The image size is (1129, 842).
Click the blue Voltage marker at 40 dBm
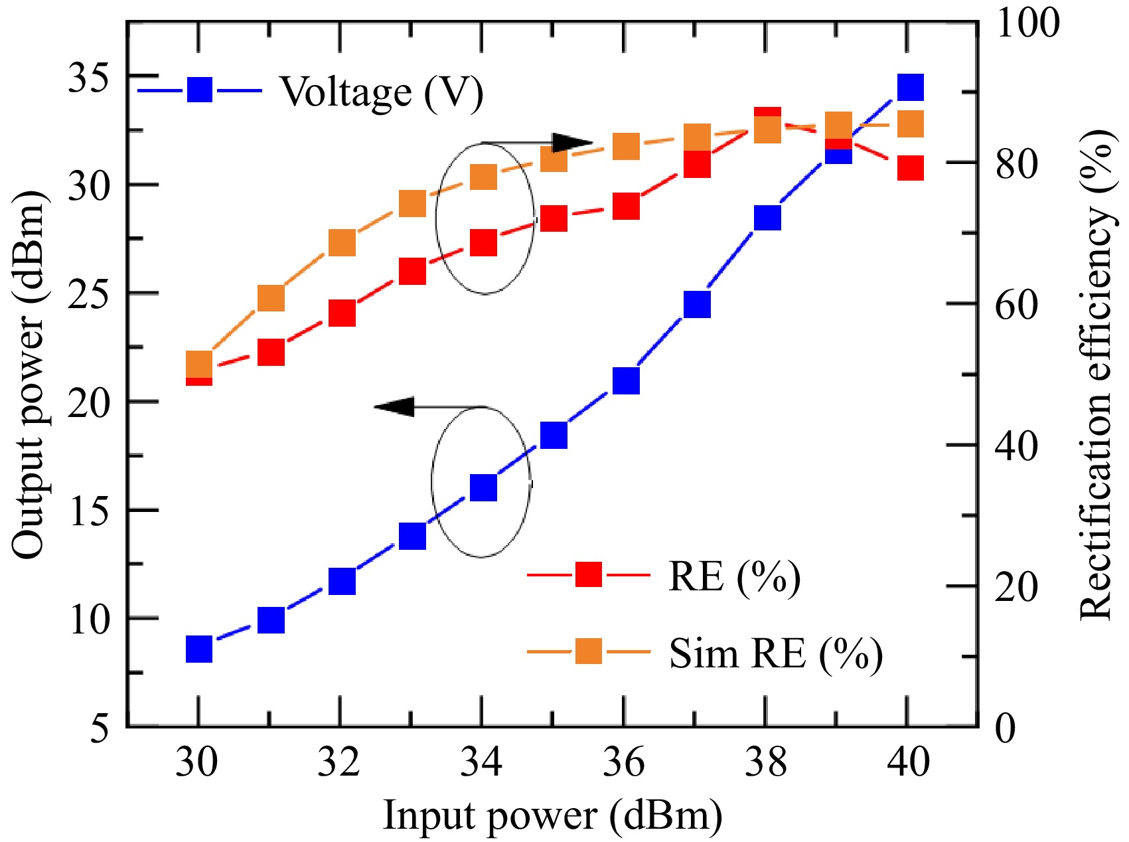[x=909, y=88]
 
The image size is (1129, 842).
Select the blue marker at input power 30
[x=198, y=649]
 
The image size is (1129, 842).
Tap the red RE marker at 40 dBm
[x=910, y=168]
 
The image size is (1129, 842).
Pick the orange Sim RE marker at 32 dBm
[x=342, y=243]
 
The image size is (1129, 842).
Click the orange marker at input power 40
[x=910, y=124]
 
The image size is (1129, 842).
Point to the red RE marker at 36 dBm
[x=626, y=207]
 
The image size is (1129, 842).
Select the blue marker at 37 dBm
[x=697, y=305]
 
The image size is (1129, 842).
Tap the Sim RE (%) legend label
[x=775, y=653]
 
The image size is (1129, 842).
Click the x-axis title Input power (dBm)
[x=552, y=814]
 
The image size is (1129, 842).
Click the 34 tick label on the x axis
[x=483, y=762]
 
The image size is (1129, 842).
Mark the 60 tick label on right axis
[x=1016, y=305]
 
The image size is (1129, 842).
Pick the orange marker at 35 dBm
[x=554, y=159]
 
